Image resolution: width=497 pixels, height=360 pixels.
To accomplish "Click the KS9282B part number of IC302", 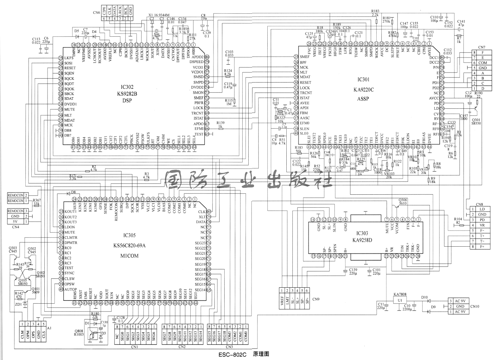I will [x=127, y=94].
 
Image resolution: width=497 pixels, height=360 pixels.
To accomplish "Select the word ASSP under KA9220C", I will [x=363, y=99].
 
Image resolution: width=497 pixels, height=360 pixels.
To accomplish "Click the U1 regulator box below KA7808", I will [x=400, y=300].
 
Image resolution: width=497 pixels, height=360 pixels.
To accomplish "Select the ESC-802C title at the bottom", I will [x=232, y=355].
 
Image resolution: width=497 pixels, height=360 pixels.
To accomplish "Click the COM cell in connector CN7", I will [x=482, y=63].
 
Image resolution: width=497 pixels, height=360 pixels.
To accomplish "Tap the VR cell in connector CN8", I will [x=482, y=225].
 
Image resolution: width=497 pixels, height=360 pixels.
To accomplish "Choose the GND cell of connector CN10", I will [x=460, y=306].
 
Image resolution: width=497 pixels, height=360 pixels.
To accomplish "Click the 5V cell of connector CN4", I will [x=16, y=222].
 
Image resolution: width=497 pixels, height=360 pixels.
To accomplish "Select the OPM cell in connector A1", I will [x=28, y=335].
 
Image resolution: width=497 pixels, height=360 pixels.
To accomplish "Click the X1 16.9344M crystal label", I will [x=159, y=15].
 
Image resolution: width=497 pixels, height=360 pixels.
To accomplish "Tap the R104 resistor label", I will [x=458, y=219].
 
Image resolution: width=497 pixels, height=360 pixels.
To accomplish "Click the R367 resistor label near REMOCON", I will [x=37, y=200].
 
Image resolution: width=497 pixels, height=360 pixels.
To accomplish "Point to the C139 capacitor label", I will [x=353, y=269].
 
